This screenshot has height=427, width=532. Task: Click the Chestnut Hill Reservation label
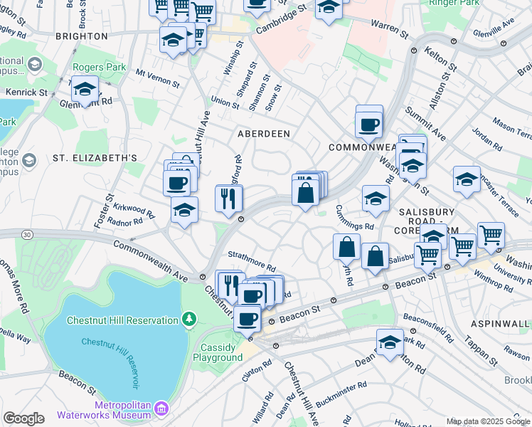pos(122,320)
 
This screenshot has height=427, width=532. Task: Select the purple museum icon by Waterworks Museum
pos(161,408)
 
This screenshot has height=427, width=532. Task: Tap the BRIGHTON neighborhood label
pos(82,36)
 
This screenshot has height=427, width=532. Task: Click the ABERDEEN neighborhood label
pos(263,134)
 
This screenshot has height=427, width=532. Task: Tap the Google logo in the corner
pos(23,418)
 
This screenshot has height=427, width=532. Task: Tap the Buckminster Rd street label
pos(341,394)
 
